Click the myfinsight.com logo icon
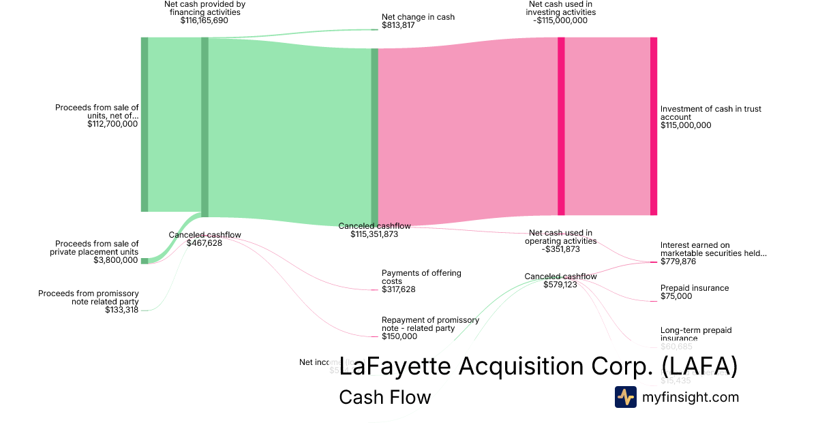625,397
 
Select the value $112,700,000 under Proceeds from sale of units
112,124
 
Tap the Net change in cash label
418,17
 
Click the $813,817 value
398,26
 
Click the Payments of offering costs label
421,277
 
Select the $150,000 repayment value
399,336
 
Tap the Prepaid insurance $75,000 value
676,297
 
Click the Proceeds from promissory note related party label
89,298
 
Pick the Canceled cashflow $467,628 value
204,243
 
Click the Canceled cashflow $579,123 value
560,285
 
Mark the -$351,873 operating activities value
560,249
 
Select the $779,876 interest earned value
678,262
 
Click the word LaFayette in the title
395,367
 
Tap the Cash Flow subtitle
384,398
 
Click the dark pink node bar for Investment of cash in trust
653,126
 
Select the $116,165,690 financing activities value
204,20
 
